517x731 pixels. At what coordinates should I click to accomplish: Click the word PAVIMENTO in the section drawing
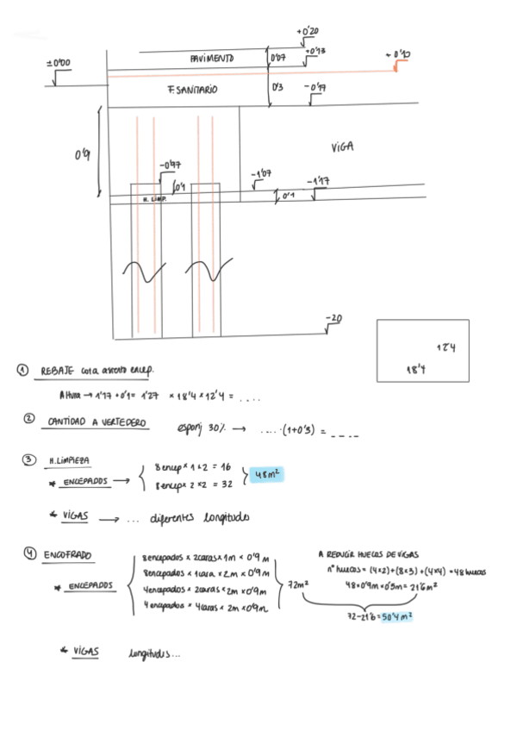click(x=212, y=59)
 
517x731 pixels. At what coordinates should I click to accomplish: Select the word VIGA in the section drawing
click(x=341, y=147)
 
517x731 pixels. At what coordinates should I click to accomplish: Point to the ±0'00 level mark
click(x=58, y=64)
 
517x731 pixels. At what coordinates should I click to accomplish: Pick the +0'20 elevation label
click(x=308, y=32)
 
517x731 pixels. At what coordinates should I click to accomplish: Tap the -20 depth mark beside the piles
click(x=333, y=319)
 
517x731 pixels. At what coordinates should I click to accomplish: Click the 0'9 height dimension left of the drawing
click(x=82, y=154)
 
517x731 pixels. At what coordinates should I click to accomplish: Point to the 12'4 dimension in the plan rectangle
click(x=445, y=347)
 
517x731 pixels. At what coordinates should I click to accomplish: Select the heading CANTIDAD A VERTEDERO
click(x=97, y=422)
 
